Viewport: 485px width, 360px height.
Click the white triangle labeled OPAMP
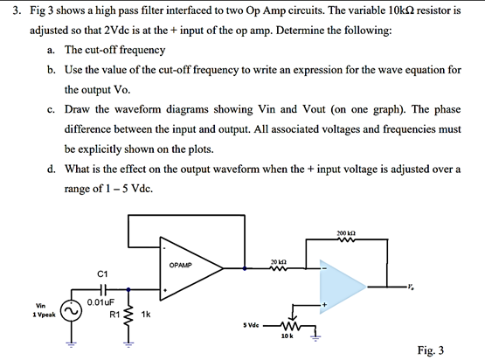click(x=187, y=262)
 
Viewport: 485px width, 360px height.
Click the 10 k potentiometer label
click(x=288, y=336)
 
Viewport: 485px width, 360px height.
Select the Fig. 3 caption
click(x=431, y=350)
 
